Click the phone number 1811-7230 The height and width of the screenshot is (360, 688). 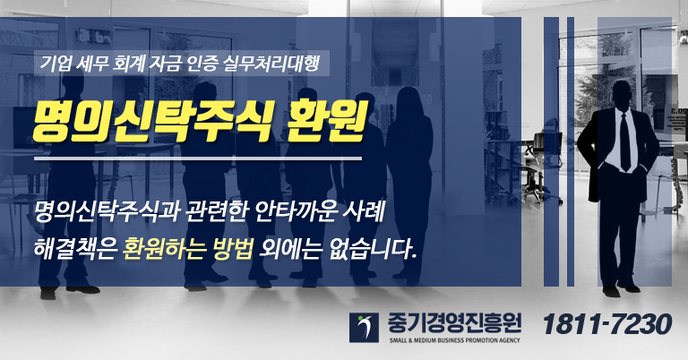tap(607, 325)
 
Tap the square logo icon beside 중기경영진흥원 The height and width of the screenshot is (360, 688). tap(364, 328)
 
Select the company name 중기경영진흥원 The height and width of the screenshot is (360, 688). tap(454, 323)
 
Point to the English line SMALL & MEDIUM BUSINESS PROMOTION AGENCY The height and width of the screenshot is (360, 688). tap(454, 340)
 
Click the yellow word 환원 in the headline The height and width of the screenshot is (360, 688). tap(325, 123)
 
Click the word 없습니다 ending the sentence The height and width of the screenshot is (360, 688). tap(372, 249)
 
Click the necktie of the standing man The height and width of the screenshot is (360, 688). tap(624, 141)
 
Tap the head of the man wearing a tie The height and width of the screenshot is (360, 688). tap(622, 94)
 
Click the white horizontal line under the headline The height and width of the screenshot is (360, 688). tap(198, 159)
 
